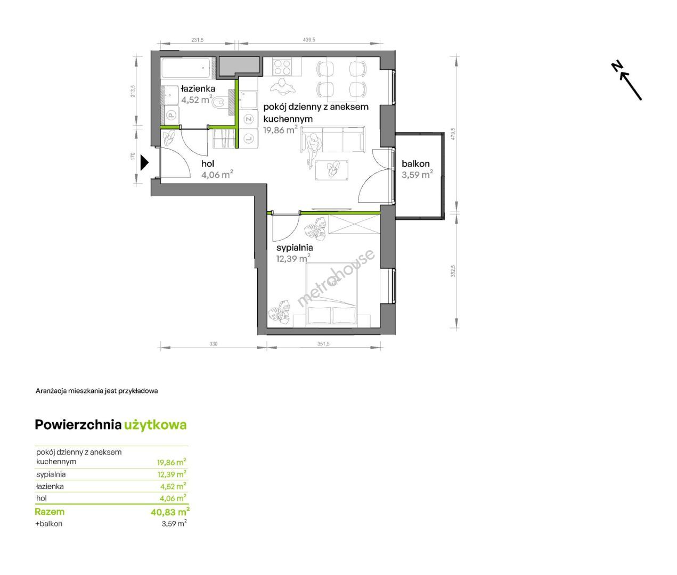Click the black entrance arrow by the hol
(x=144, y=163)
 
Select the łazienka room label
(x=198, y=88)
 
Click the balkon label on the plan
(x=415, y=163)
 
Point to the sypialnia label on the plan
(x=295, y=248)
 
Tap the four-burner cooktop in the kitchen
(x=282, y=67)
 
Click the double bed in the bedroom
(x=330, y=295)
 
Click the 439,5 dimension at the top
(x=309, y=39)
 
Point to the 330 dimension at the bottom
(x=213, y=344)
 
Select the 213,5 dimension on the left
(x=132, y=92)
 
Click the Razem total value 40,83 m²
(x=170, y=512)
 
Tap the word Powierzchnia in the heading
(x=78, y=425)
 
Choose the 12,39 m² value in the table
(x=172, y=474)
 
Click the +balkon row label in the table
(x=49, y=523)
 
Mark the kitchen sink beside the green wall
(x=249, y=100)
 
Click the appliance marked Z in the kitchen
(x=249, y=119)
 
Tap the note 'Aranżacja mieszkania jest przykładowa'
(x=96, y=391)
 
